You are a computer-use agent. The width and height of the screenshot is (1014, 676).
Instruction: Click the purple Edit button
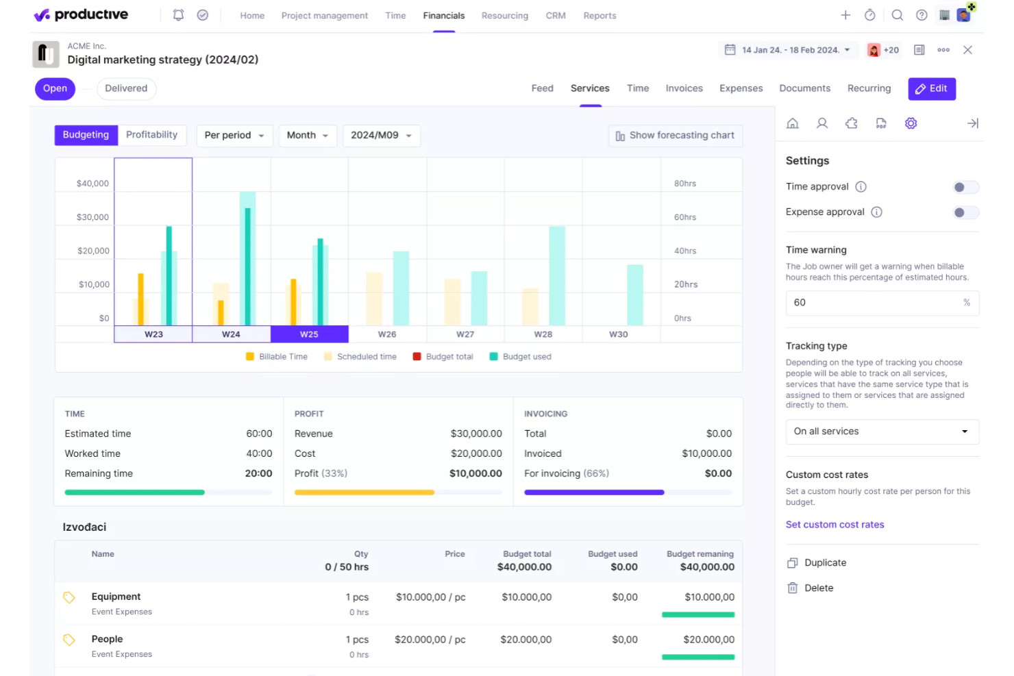(931, 88)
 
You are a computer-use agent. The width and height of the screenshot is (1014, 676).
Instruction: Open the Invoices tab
(684, 88)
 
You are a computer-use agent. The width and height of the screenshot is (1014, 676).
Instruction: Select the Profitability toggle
(151, 135)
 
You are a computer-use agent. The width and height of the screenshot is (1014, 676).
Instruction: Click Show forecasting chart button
(675, 136)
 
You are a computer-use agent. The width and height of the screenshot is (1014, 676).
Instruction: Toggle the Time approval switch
(965, 187)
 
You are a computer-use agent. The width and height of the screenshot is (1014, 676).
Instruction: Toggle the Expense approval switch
(965, 212)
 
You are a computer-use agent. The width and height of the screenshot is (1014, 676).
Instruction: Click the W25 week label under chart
(309, 334)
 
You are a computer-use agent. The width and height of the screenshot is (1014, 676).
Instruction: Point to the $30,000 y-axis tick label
(92, 217)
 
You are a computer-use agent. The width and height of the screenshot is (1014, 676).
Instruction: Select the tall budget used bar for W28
(557, 275)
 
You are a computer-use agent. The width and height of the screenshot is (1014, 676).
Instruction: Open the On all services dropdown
(882, 431)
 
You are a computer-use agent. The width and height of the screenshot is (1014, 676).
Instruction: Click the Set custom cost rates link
(834, 525)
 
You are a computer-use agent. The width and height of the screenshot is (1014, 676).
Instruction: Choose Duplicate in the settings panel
(825, 563)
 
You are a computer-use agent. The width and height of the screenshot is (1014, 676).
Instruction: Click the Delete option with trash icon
(818, 588)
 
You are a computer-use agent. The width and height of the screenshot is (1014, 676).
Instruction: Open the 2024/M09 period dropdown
(381, 136)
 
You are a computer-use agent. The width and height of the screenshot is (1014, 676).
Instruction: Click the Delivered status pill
(126, 88)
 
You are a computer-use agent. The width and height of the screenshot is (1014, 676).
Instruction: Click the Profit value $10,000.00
(475, 473)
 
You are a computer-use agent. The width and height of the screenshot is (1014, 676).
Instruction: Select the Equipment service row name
(116, 597)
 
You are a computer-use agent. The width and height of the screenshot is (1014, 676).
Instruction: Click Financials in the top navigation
(443, 16)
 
